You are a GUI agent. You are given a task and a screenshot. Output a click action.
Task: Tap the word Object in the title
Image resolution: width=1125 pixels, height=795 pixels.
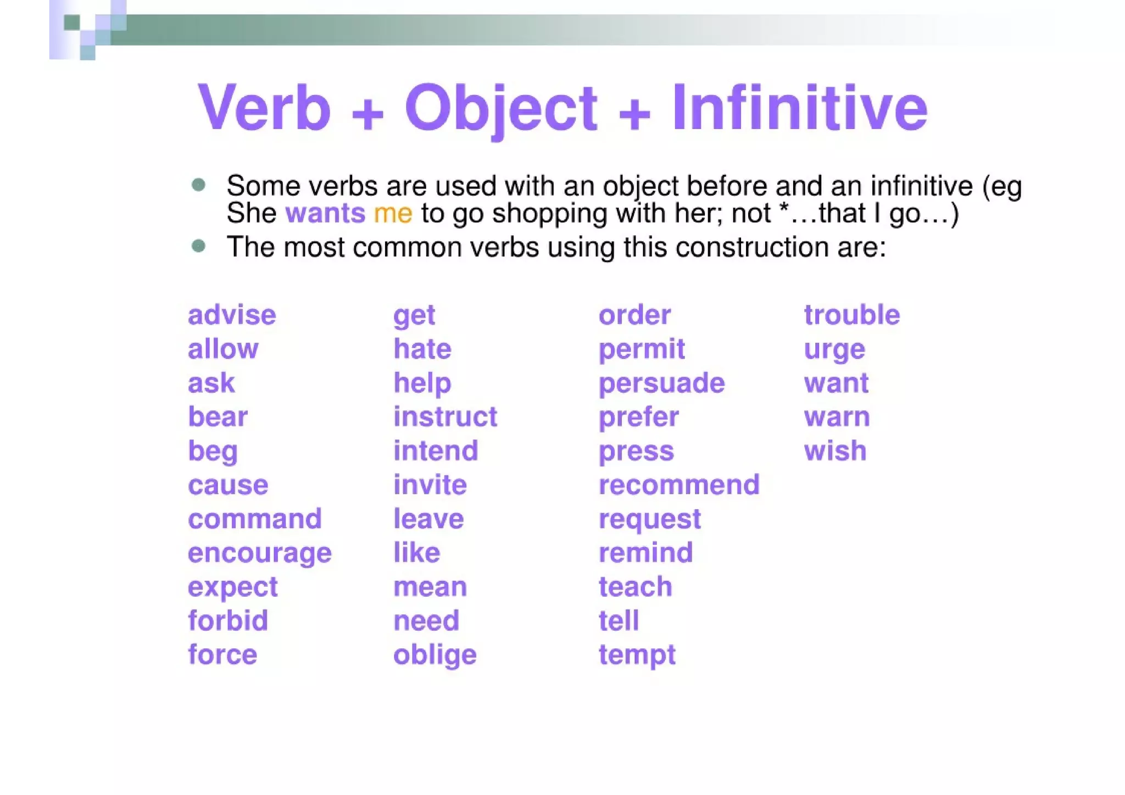[500, 108]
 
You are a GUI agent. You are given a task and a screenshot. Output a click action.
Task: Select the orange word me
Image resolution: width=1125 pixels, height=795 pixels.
[393, 213]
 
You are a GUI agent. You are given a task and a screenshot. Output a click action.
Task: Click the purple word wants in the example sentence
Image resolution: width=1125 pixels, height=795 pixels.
[325, 213]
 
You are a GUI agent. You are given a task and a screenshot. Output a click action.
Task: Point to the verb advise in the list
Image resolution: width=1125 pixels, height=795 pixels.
[232, 315]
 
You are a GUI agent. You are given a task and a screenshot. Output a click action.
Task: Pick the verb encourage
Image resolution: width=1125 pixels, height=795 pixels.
[259, 553]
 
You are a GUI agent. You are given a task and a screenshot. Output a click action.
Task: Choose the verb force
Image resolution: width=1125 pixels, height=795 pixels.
[222, 655]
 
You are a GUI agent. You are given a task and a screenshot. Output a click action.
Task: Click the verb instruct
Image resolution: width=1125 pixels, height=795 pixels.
[445, 417]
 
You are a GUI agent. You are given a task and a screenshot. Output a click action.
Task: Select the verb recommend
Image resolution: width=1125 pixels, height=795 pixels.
[679, 485]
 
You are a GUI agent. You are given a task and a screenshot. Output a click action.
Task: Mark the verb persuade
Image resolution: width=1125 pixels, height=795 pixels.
[661, 383]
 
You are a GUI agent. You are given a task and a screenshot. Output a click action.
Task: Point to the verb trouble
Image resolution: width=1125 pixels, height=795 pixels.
[851, 315]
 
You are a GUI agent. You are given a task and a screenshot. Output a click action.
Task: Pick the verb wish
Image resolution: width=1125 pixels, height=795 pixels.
[835, 451]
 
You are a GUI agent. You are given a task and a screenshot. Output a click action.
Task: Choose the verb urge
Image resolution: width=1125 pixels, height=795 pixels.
[834, 350]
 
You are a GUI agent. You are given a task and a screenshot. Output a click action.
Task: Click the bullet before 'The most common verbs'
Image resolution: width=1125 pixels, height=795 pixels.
[199, 246]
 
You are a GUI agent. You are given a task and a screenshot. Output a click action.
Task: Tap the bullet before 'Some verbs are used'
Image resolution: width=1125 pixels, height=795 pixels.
[199, 185]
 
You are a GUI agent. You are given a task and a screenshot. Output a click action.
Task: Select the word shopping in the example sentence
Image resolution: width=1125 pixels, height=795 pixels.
[549, 214]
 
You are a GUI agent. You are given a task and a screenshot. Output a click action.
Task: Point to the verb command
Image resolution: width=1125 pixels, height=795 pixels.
[254, 519]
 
